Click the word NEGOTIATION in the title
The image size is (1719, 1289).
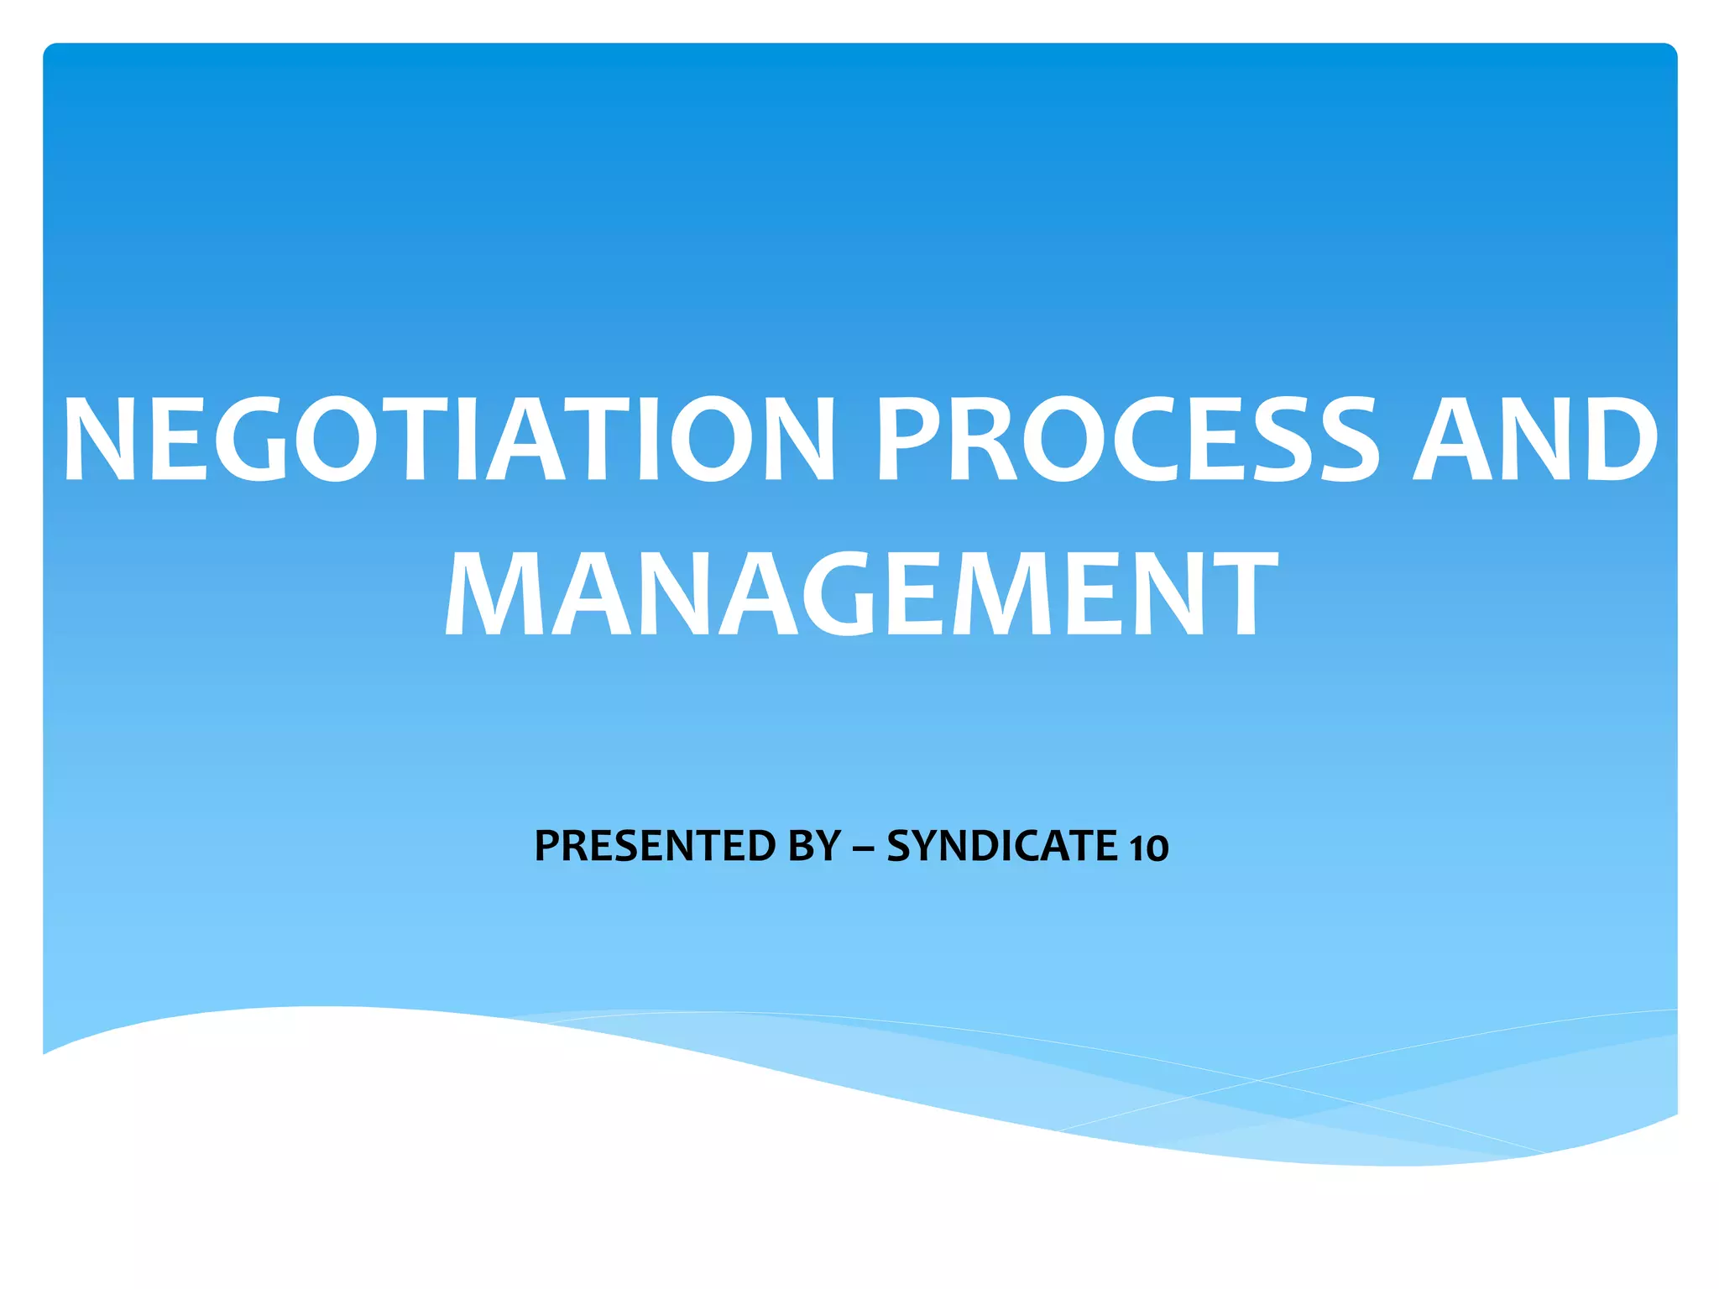tap(449, 440)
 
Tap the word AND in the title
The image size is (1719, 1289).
tap(1535, 440)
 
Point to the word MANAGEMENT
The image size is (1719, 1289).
tap(859, 594)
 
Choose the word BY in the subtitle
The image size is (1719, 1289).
tap(814, 846)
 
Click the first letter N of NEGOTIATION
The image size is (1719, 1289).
tap(99, 440)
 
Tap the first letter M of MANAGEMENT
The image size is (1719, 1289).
tap(485, 594)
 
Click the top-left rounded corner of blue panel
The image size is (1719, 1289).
tap(49, 50)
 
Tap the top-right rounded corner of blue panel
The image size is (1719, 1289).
tap(1670, 50)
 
